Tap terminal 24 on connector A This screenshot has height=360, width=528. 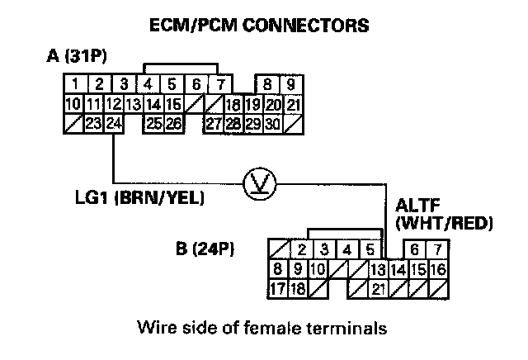[114, 124]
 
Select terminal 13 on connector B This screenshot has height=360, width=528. [378, 269]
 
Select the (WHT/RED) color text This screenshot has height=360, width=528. [445, 223]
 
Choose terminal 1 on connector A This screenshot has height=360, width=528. [75, 84]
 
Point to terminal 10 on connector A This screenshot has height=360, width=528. [73, 104]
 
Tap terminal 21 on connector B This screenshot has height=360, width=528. [379, 288]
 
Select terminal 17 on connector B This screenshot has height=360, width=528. [279, 288]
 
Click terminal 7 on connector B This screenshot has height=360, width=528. [438, 249]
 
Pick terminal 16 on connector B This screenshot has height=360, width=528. [438, 269]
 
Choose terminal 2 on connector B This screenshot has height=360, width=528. [303, 249]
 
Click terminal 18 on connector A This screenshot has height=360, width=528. [233, 104]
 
